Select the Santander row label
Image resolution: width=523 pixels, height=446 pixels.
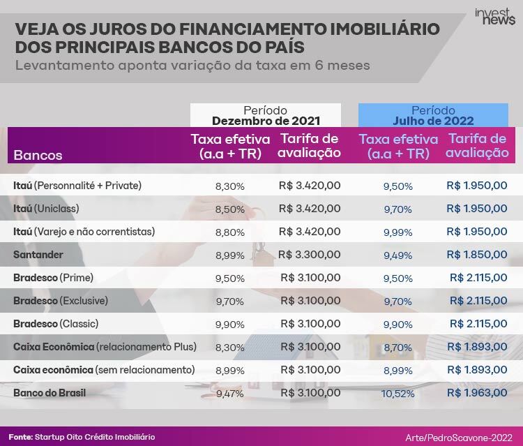pyautogui.click(x=38, y=255)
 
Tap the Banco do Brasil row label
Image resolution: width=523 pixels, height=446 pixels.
pyautogui.click(x=49, y=393)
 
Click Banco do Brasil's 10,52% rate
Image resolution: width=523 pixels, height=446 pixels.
pyautogui.click(x=398, y=394)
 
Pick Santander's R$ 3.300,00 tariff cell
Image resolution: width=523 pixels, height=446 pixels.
pyautogui.click(x=310, y=255)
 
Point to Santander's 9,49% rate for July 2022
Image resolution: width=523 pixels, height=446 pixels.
pyautogui.click(x=398, y=255)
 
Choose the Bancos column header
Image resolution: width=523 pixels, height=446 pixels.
pyautogui.click(x=38, y=154)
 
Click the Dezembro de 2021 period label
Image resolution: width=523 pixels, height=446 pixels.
pyautogui.click(x=266, y=121)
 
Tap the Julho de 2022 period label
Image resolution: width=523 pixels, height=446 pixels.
pyautogui.click(x=433, y=121)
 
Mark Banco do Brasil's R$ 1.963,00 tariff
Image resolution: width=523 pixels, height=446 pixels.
pyautogui.click(x=477, y=393)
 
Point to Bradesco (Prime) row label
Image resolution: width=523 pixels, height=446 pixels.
pyautogui.click(x=53, y=278)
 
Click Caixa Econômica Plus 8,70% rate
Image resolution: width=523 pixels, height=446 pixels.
pyautogui.click(x=398, y=348)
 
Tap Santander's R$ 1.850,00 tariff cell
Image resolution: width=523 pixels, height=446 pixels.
pyautogui.click(x=477, y=255)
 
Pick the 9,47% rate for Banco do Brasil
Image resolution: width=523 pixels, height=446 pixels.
pyautogui.click(x=229, y=394)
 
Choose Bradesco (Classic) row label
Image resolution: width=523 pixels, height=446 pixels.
pyautogui.click(x=56, y=324)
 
